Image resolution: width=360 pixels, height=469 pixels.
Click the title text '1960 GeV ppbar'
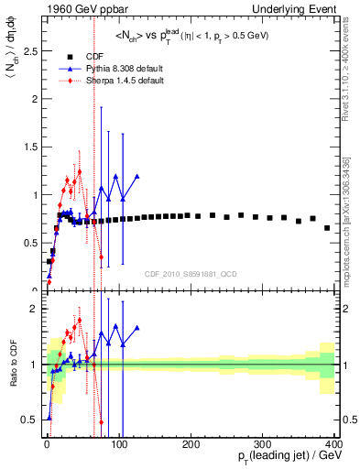pyautogui.click(x=73, y=9)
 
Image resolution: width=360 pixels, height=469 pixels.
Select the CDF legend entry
pyautogui.click(x=82, y=56)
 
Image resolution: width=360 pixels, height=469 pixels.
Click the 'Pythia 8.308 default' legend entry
pyautogui.click(x=108, y=68)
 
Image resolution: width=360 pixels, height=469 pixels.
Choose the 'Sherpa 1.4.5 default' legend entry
pyautogui.click(x=108, y=80)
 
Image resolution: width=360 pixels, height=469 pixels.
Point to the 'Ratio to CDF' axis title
pyautogui.click(x=11, y=366)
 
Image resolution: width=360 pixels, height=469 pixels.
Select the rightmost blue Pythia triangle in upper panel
pyautogui.click(x=136, y=176)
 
